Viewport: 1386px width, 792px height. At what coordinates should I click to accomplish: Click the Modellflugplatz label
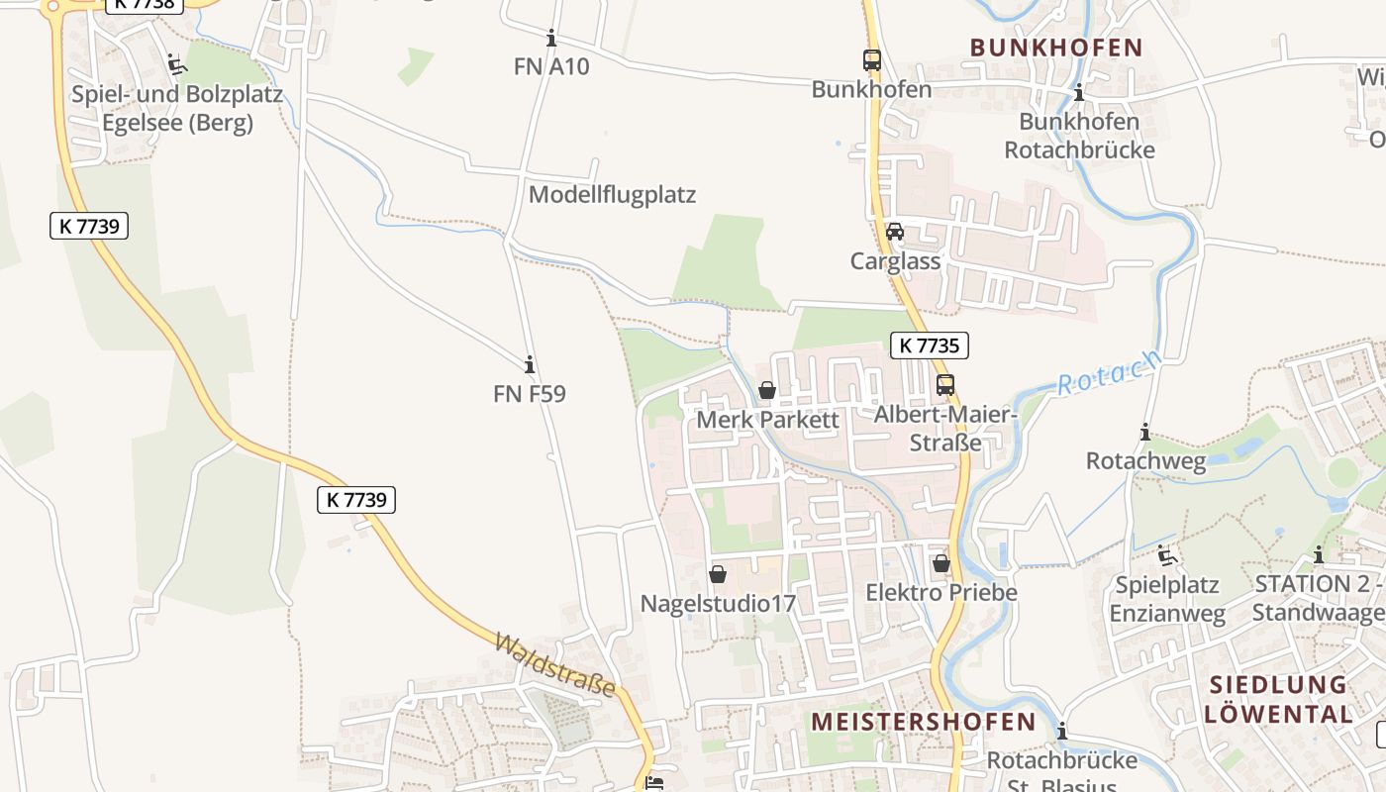click(612, 194)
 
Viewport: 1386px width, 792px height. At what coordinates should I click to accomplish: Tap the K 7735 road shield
click(930, 346)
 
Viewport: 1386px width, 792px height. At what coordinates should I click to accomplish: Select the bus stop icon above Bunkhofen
click(871, 60)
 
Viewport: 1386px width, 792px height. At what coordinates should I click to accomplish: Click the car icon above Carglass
click(895, 233)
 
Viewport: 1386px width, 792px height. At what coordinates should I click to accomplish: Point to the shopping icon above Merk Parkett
click(767, 391)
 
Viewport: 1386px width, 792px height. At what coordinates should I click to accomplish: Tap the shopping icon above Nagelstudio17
click(718, 574)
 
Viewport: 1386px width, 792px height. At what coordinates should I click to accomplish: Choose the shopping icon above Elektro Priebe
click(940, 563)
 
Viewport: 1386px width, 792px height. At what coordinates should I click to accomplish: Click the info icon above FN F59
click(530, 364)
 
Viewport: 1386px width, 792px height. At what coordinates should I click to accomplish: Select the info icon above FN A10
click(551, 39)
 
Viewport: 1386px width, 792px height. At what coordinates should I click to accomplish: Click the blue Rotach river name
click(1108, 372)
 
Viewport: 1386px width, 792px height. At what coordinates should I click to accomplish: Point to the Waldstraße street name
click(554, 664)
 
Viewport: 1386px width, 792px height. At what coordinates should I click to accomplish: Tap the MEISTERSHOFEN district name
click(923, 722)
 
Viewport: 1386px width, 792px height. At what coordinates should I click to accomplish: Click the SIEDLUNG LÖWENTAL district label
click(1279, 699)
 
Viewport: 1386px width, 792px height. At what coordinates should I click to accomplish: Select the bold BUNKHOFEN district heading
click(1056, 48)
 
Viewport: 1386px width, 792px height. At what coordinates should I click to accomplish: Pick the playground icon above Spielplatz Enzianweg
click(1167, 555)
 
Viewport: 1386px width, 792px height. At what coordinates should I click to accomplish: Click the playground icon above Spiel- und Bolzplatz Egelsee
click(177, 65)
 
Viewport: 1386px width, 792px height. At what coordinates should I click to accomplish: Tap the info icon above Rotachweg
click(1145, 433)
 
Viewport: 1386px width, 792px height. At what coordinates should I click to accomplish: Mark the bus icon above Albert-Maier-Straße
click(945, 385)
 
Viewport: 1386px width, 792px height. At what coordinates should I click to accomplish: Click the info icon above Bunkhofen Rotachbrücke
click(1079, 93)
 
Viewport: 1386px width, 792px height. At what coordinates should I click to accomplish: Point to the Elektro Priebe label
click(940, 592)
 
